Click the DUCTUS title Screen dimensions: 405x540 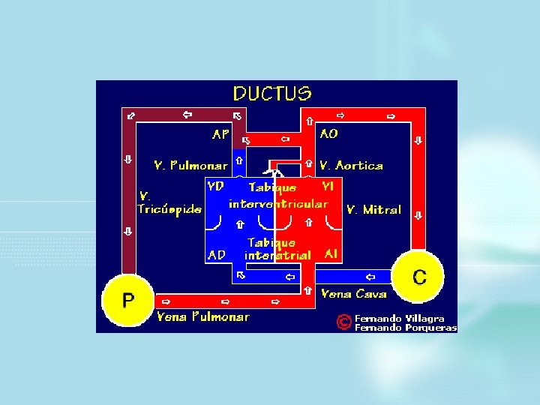[x=271, y=94]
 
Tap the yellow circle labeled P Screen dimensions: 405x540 [x=128, y=301]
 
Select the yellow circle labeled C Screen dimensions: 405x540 [x=419, y=277]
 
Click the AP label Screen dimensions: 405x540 [x=220, y=135]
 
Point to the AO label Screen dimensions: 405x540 [x=328, y=134]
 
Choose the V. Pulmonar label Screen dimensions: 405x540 [x=190, y=165]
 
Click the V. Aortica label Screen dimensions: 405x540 [x=351, y=165]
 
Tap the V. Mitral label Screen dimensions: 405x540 [x=373, y=210]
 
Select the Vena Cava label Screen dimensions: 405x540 [x=353, y=293]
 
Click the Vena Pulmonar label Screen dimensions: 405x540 [x=202, y=316]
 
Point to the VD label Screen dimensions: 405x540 [x=215, y=186]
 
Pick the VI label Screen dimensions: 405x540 [x=328, y=185]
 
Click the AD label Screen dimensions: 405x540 [x=216, y=255]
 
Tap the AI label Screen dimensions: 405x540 [x=331, y=254]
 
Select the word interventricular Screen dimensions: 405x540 [x=278, y=204]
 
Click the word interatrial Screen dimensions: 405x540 [x=277, y=256]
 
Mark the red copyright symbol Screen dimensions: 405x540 [x=343, y=322]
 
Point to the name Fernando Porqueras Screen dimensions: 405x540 [x=405, y=327]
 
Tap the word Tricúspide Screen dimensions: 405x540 [x=169, y=209]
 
